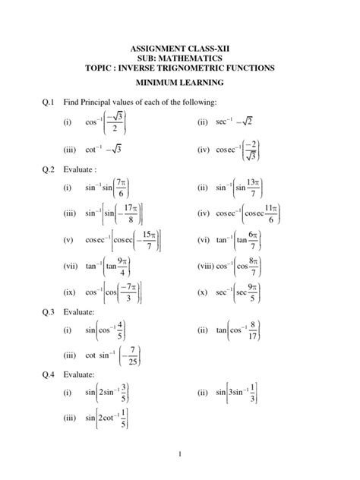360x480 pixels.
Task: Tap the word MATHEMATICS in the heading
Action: (x=190, y=58)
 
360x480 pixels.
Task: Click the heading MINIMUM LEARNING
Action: (x=181, y=84)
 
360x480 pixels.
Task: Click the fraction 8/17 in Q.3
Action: (x=262, y=331)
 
